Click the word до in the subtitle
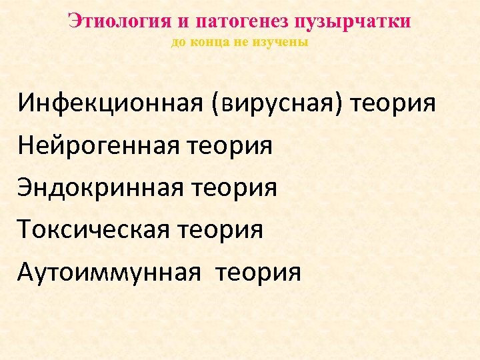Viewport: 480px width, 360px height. (178, 43)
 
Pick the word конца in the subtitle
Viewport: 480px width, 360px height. (205, 43)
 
